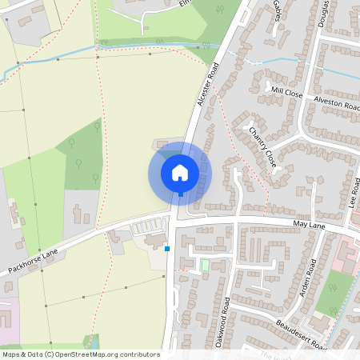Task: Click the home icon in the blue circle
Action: click(x=180, y=172)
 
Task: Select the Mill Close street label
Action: click(x=286, y=93)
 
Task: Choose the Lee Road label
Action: click(x=355, y=194)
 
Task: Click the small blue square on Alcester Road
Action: click(x=167, y=249)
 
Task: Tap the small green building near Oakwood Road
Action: click(x=204, y=264)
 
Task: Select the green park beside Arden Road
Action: click(x=334, y=293)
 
